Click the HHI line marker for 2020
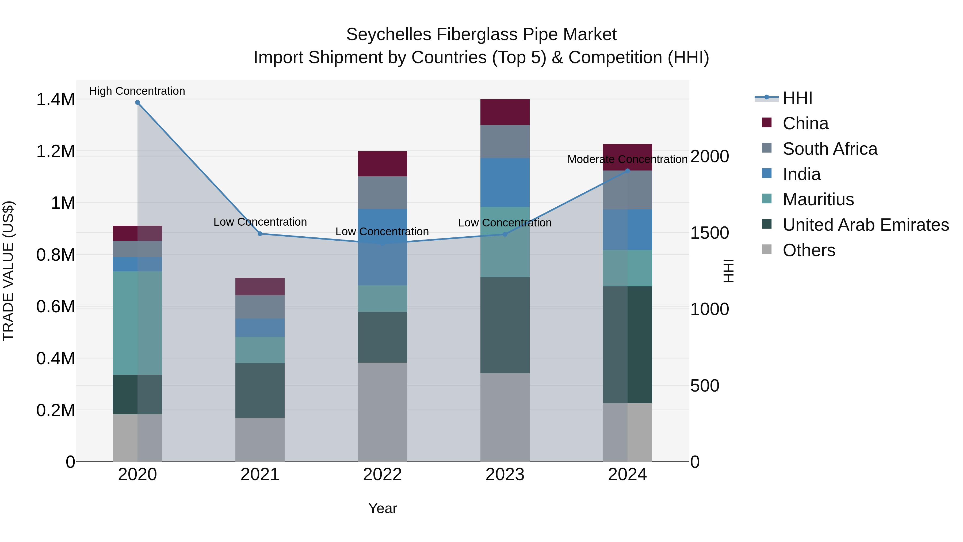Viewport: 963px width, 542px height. point(137,103)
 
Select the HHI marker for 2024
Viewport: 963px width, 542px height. point(627,171)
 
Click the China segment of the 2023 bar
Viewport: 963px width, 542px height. point(505,112)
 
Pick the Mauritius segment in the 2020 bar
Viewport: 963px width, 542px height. point(137,323)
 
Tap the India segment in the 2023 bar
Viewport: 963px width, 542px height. point(505,183)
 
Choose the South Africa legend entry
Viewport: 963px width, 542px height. point(830,149)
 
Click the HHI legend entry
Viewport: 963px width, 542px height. point(797,98)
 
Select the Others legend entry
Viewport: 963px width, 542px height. point(809,250)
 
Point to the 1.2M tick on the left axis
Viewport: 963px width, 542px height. point(55,151)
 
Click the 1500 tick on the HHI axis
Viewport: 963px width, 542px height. point(709,233)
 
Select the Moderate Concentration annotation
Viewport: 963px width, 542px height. point(627,159)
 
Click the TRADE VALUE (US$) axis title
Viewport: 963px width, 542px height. point(8,271)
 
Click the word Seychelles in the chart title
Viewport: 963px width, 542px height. point(389,35)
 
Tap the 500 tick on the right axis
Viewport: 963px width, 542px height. point(704,386)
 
